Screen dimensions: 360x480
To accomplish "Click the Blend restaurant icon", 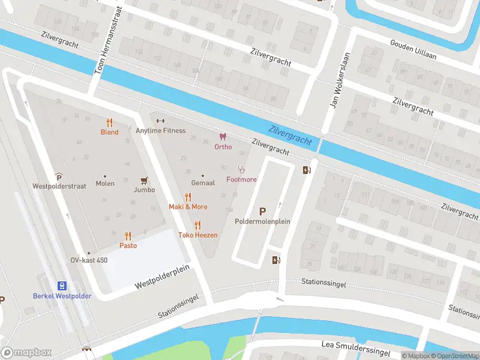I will (x=109, y=122).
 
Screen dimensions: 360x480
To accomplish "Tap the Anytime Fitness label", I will (x=161, y=130).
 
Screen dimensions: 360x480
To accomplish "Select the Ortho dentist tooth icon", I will (x=223, y=137).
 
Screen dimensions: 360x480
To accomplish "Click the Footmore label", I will (x=241, y=179).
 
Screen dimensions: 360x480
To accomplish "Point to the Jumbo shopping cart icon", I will (x=144, y=180).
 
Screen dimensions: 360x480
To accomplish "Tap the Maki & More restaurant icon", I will (x=188, y=197).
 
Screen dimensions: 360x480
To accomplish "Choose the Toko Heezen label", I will (x=197, y=235).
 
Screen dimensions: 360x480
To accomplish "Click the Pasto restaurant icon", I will (x=128, y=236).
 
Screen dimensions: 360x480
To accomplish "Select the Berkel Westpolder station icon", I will (x=62, y=286).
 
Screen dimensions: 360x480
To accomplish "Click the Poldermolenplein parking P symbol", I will (x=262, y=211).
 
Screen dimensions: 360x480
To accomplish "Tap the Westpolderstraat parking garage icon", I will (x=59, y=176).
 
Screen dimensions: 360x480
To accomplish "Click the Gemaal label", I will (x=203, y=182).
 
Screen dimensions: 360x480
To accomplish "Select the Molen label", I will (x=104, y=184).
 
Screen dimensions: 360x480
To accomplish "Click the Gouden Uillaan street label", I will (x=413, y=50).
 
